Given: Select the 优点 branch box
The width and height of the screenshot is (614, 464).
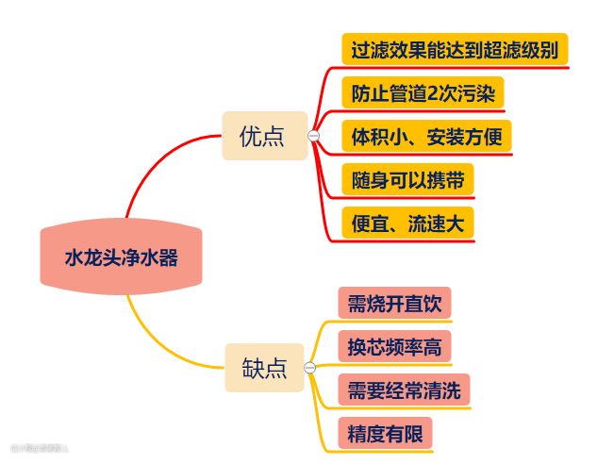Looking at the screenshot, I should [x=263, y=137].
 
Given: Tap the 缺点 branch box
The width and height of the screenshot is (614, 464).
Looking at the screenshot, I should [x=263, y=368].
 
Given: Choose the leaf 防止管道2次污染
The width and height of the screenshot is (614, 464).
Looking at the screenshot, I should [x=422, y=93].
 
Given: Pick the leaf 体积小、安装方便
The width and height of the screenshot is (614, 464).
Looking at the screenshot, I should [x=426, y=136].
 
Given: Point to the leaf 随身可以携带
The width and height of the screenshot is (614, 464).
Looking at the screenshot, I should [x=406, y=179].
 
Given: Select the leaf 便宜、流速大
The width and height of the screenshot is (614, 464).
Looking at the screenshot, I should [x=407, y=223].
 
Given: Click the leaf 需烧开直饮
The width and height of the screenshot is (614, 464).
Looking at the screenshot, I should [x=393, y=304].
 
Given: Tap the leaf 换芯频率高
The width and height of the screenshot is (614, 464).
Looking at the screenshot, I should [x=393, y=347].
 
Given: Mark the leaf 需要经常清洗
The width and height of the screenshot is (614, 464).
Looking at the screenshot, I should [x=404, y=390].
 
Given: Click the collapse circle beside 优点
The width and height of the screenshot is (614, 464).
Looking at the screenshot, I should [x=314, y=137].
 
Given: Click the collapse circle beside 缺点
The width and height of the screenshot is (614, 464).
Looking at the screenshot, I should [x=308, y=368].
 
